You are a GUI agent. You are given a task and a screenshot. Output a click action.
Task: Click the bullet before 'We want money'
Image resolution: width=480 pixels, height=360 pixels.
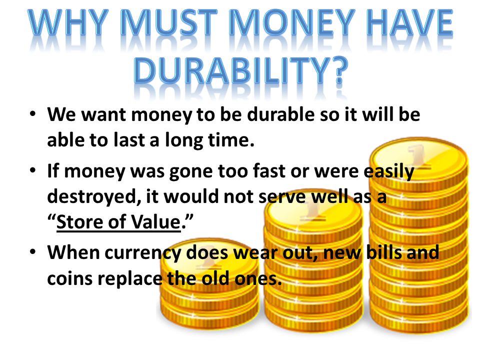click(33, 114)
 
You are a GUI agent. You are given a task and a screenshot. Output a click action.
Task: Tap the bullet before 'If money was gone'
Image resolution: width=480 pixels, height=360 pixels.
click(33, 170)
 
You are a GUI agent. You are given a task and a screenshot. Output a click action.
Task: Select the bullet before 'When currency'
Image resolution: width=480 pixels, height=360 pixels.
click(33, 251)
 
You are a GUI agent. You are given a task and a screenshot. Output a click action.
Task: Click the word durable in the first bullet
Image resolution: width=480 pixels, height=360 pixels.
click(280, 114)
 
